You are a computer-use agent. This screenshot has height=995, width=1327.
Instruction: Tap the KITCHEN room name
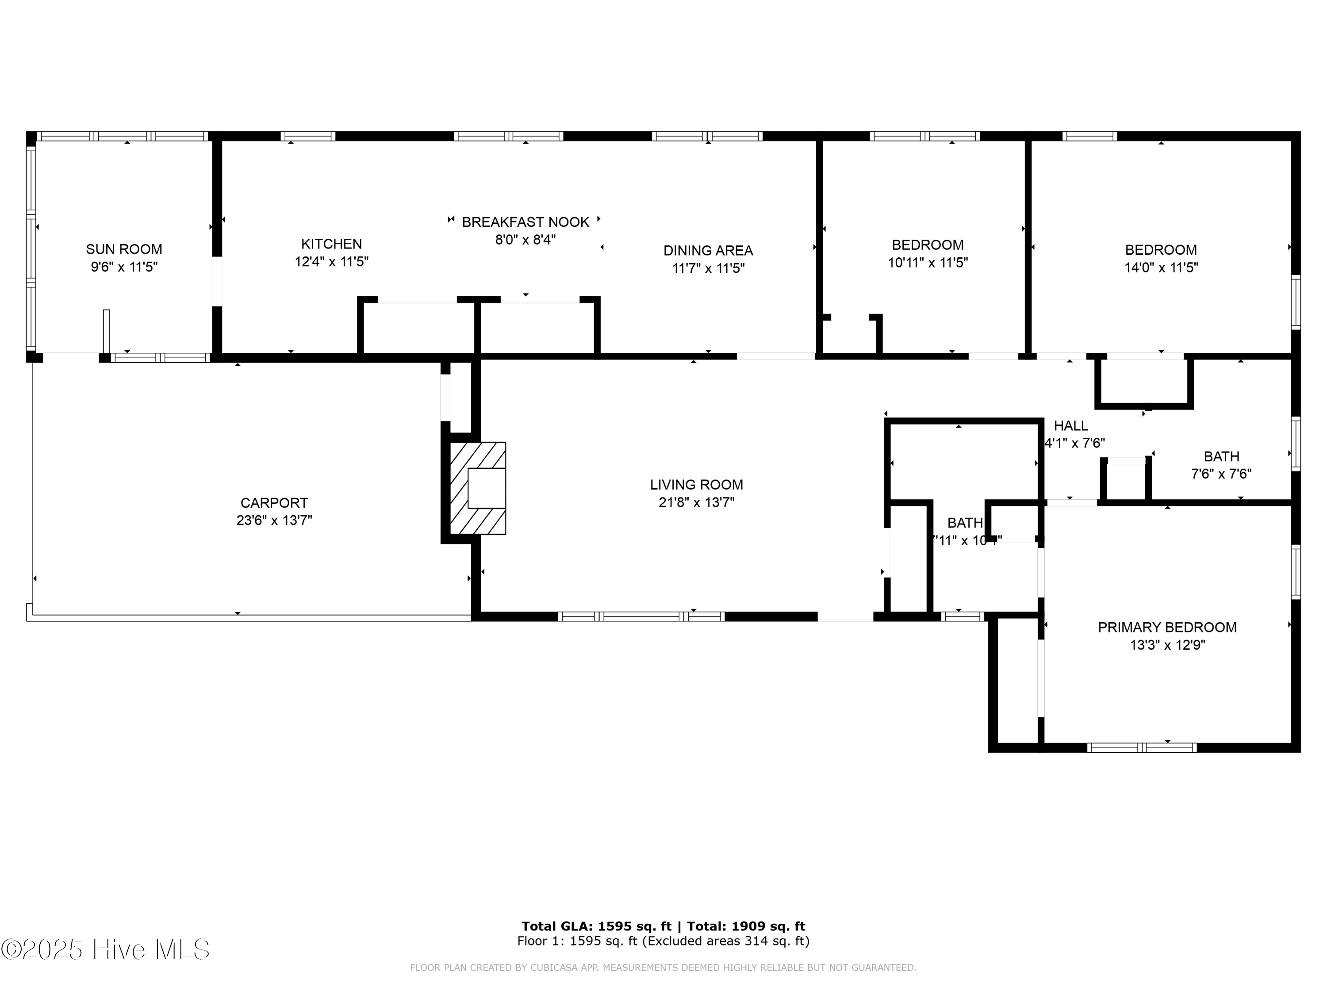click(x=331, y=244)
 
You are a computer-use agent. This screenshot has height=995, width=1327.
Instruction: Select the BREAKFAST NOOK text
click(x=525, y=222)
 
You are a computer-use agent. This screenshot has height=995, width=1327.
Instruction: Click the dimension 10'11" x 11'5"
click(x=928, y=263)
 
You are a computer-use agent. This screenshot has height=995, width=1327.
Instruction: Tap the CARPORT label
click(x=274, y=503)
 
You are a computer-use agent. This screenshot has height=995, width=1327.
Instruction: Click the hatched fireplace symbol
click(x=478, y=488)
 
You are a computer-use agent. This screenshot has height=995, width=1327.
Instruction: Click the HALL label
click(x=1071, y=426)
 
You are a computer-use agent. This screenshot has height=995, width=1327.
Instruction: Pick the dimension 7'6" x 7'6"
click(x=1221, y=474)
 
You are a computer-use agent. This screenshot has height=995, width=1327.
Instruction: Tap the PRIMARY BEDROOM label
click(x=1167, y=628)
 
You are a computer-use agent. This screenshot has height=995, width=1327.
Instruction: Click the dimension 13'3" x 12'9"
click(x=1167, y=645)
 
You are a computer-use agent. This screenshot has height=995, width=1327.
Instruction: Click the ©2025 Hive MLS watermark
click(x=106, y=949)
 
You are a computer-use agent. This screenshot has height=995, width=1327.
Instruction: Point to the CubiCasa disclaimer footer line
click(x=663, y=968)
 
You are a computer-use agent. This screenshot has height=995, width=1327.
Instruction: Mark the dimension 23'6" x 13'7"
click(x=274, y=520)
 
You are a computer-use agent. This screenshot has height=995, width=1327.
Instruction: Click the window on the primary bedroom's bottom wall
click(x=1142, y=748)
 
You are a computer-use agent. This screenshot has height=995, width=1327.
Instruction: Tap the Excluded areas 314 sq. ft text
click(x=727, y=941)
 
